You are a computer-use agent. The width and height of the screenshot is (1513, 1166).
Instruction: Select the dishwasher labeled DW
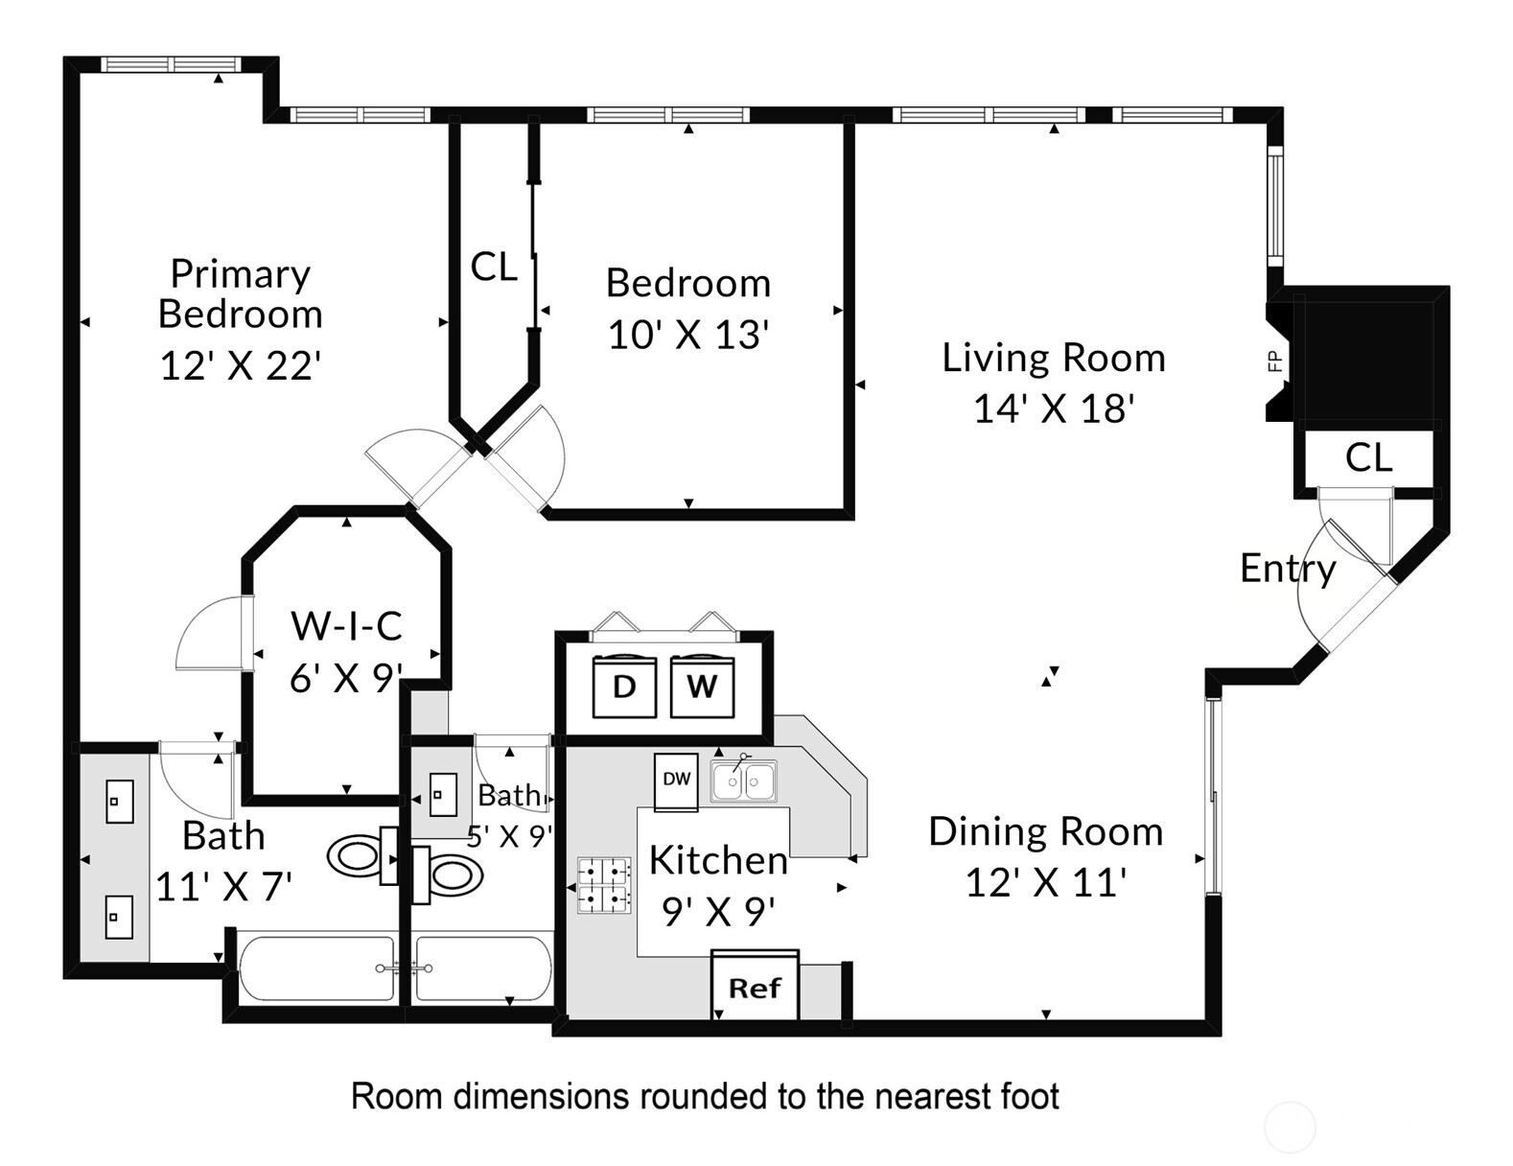(676, 781)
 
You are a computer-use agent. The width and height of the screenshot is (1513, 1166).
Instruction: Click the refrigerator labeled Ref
(755, 986)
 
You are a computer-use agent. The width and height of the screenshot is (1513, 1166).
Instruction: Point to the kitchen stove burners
(604, 885)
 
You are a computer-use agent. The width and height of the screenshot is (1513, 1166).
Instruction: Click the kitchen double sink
(744, 781)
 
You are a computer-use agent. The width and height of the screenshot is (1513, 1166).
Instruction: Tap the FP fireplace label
(1275, 361)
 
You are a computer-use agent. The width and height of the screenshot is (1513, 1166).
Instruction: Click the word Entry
(1288, 569)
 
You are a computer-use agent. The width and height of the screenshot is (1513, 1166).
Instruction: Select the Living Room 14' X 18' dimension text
(1054, 408)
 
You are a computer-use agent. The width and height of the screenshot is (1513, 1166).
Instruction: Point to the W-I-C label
(346, 626)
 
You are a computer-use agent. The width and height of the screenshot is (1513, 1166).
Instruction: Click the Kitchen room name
(718, 860)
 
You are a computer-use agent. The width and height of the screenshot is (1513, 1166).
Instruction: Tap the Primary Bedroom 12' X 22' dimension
(241, 365)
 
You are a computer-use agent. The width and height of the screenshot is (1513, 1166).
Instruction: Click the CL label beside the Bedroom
(494, 267)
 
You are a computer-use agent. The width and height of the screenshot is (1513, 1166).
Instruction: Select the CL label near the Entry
(1368, 458)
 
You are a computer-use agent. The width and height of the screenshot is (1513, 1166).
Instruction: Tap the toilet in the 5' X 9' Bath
(448, 875)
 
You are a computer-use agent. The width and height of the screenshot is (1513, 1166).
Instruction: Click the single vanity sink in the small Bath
(443, 794)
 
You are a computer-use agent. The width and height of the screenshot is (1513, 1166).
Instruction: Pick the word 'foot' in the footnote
(1031, 1096)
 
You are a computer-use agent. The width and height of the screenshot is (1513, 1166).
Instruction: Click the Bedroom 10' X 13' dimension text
(687, 335)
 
